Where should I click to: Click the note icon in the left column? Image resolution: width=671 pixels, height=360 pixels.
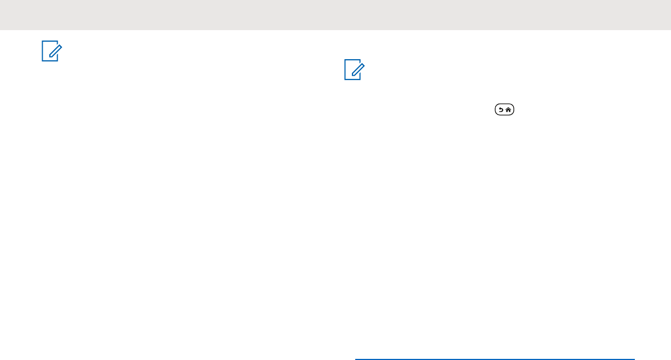pos(51,52)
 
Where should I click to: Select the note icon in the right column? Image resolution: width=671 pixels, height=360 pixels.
pos(354,71)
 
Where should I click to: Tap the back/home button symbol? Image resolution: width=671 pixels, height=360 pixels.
pos(504,110)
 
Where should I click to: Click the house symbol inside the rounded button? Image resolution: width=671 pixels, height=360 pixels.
pos(509,110)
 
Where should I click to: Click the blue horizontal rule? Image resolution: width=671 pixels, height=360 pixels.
pos(494,359)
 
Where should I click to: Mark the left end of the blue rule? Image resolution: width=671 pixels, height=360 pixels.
pos(356,359)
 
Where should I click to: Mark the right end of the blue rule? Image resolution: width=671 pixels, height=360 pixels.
pos(634,359)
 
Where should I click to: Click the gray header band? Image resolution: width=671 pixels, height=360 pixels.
pos(336,15)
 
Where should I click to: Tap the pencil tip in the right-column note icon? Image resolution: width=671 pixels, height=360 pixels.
pos(351,75)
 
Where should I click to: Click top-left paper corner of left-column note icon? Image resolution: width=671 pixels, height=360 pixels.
pos(43,43)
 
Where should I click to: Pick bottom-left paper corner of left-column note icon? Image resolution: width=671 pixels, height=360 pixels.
pos(43,60)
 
